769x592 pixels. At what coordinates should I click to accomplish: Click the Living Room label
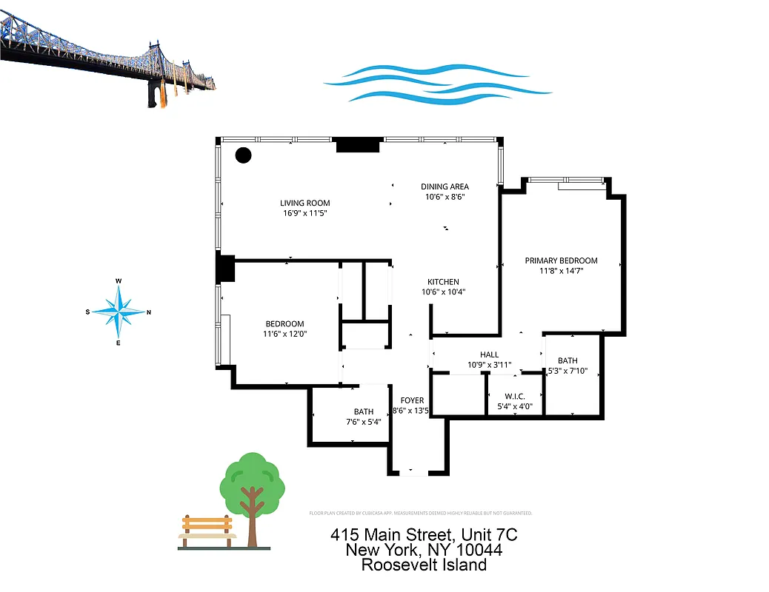click(304, 203)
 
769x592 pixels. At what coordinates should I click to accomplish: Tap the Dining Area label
click(445, 186)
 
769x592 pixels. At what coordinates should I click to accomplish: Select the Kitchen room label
click(443, 282)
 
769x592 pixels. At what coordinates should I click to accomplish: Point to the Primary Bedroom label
click(561, 260)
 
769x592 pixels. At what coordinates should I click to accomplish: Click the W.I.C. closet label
click(515, 396)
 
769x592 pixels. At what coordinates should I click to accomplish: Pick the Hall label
click(489, 354)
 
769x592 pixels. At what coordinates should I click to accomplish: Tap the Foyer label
click(412, 400)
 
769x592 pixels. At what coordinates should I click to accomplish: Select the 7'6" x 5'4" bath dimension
click(363, 422)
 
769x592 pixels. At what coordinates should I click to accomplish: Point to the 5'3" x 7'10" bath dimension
click(567, 371)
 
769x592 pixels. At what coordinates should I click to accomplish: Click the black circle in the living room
click(243, 155)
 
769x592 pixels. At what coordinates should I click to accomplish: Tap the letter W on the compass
click(119, 281)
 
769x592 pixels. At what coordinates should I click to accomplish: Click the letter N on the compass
click(149, 312)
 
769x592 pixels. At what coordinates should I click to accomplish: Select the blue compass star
click(119, 312)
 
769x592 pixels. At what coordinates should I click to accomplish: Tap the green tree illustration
click(253, 492)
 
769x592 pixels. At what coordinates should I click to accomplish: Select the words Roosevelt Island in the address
click(424, 565)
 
